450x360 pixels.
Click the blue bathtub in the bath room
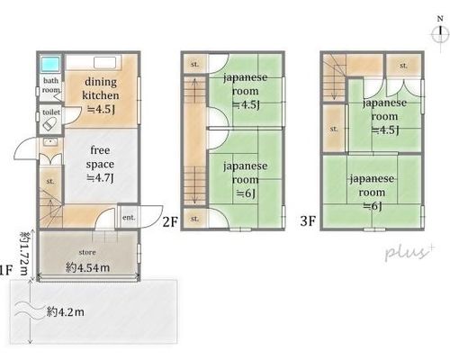coord(50,64)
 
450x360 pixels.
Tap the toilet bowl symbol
coord(49,124)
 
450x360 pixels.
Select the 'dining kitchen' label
coord(101,88)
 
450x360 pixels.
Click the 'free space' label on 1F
coord(100,157)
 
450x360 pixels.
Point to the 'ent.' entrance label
coord(129,218)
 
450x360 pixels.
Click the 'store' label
coord(87,252)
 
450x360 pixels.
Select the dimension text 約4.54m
coord(87,267)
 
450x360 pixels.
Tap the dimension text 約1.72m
coord(24,253)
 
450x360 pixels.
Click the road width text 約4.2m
coord(66,312)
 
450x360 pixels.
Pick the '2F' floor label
coord(170,222)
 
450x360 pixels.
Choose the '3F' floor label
coord(308,221)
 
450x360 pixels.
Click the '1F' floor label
coord(6,271)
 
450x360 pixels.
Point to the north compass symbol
coord(440,33)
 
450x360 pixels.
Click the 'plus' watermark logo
coord(409,253)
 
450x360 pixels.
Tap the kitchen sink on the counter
coord(104,63)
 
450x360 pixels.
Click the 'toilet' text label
coord(51,112)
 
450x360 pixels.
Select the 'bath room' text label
coord(50,85)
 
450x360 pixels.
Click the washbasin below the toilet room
coord(49,141)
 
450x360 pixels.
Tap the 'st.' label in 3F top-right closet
coord(403,65)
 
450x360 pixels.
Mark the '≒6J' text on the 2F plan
coord(246,193)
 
